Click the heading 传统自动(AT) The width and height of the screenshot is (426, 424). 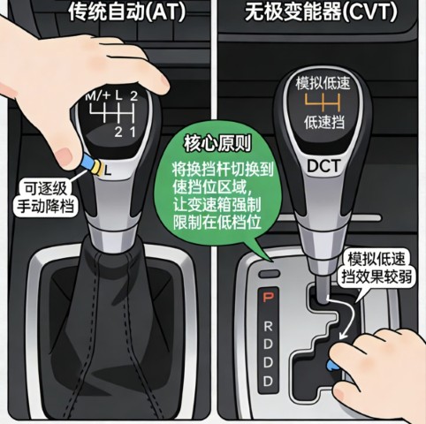click(x=127, y=11)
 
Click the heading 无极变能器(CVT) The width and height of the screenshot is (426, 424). click(x=321, y=11)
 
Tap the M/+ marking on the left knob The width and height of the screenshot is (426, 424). click(x=98, y=95)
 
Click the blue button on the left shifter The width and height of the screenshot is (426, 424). click(x=88, y=162)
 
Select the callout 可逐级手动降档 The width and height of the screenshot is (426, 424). click(x=45, y=196)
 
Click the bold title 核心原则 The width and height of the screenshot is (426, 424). click(x=217, y=144)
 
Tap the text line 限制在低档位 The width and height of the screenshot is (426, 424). click(x=217, y=222)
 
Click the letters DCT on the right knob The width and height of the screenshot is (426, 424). click(x=323, y=166)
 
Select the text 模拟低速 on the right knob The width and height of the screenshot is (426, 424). click(x=323, y=83)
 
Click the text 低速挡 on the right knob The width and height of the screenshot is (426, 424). click(x=324, y=122)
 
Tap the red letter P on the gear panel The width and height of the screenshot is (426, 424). click(x=268, y=298)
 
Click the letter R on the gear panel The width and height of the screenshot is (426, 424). click(x=268, y=326)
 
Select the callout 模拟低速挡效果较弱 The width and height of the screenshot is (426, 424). click(x=377, y=268)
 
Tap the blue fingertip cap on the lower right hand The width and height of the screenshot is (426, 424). click(x=332, y=365)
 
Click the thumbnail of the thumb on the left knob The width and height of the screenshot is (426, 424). click(x=65, y=155)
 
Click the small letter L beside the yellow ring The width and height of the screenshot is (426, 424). click(x=108, y=170)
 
